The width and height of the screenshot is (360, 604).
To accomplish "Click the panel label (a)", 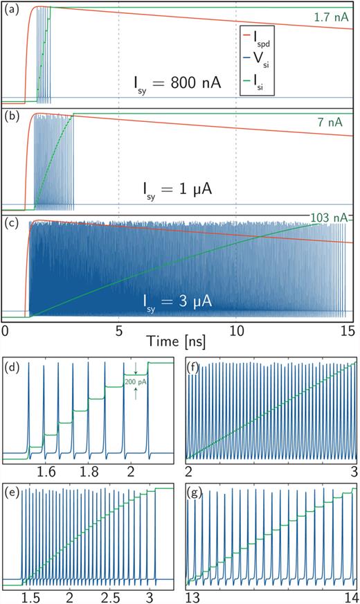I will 12,12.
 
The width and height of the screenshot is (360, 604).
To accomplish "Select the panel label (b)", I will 12,117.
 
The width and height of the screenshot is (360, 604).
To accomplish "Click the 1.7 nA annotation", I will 326,19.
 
